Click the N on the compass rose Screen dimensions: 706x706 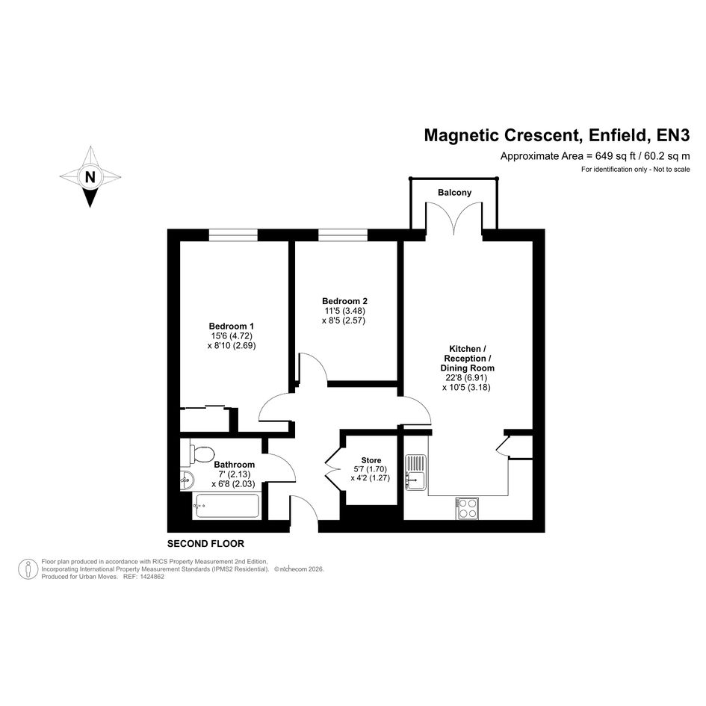(x=90, y=177)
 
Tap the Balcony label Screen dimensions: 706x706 (x=454, y=193)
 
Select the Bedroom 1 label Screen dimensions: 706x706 (x=232, y=326)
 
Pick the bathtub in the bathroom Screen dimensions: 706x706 (x=226, y=506)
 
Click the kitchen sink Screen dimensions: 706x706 (x=416, y=472)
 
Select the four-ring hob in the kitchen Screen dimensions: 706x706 (x=467, y=508)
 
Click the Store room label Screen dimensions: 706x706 (x=371, y=460)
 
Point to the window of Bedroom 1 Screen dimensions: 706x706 (x=233, y=235)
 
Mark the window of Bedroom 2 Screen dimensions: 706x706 (x=343, y=235)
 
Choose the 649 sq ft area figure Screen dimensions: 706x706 (x=616, y=156)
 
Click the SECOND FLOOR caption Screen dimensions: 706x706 (x=205, y=544)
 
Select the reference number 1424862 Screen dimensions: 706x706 (x=152, y=576)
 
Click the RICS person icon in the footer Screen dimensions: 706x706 (x=28, y=569)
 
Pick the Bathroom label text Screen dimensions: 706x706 (x=234, y=464)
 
